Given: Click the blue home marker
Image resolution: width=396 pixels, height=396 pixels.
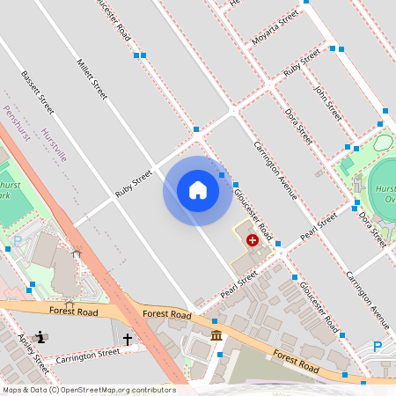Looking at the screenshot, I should [x=198, y=191].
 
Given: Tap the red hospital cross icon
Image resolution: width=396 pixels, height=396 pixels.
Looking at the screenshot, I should [x=253, y=239].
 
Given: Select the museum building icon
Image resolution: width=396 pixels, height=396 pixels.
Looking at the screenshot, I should [x=216, y=336].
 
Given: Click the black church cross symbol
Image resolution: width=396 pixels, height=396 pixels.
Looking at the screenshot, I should [x=128, y=338].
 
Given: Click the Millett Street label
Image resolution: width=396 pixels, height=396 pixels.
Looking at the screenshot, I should [x=92, y=78].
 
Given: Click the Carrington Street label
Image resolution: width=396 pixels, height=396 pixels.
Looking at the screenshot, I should [x=87, y=356].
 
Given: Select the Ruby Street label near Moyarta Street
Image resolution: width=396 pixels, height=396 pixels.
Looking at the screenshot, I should [x=302, y=63].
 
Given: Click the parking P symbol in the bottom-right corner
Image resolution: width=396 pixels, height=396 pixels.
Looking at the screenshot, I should [x=378, y=347].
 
